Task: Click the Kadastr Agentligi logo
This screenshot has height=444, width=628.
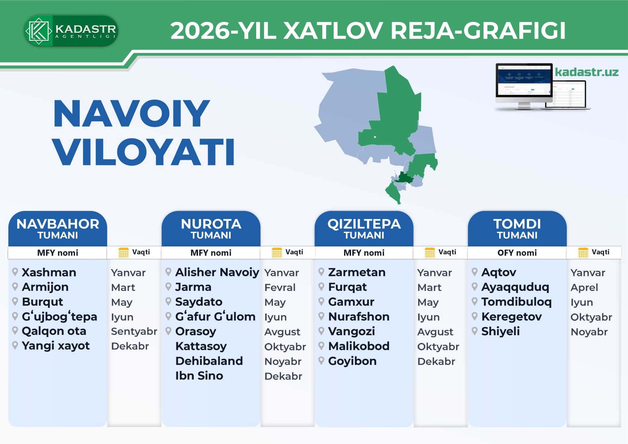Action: point(71,31)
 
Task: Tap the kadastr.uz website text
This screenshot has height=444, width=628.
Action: point(587,72)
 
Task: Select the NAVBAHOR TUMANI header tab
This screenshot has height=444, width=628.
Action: point(58,228)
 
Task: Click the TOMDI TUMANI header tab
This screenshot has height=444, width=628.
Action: point(517,228)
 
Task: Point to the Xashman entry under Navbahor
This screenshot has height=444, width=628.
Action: point(49,272)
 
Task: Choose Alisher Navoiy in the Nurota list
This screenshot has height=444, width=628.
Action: point(217,272)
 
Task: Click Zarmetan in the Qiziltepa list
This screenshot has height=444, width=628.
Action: point(357,272)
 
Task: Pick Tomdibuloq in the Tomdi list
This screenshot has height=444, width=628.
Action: point(516,302)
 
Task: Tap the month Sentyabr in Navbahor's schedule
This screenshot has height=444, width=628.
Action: point(134,331)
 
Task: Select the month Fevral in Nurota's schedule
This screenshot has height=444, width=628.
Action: point(280,287)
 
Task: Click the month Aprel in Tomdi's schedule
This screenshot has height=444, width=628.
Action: point(584,287)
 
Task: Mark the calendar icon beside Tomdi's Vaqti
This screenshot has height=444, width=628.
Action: point(583,253)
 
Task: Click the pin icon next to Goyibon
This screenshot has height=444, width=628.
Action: point(321,360)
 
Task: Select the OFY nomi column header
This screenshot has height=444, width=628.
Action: point(517,253)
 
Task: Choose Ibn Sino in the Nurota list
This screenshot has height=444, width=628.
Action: point(199,376)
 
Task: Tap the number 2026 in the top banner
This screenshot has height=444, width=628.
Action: point(200,31)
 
